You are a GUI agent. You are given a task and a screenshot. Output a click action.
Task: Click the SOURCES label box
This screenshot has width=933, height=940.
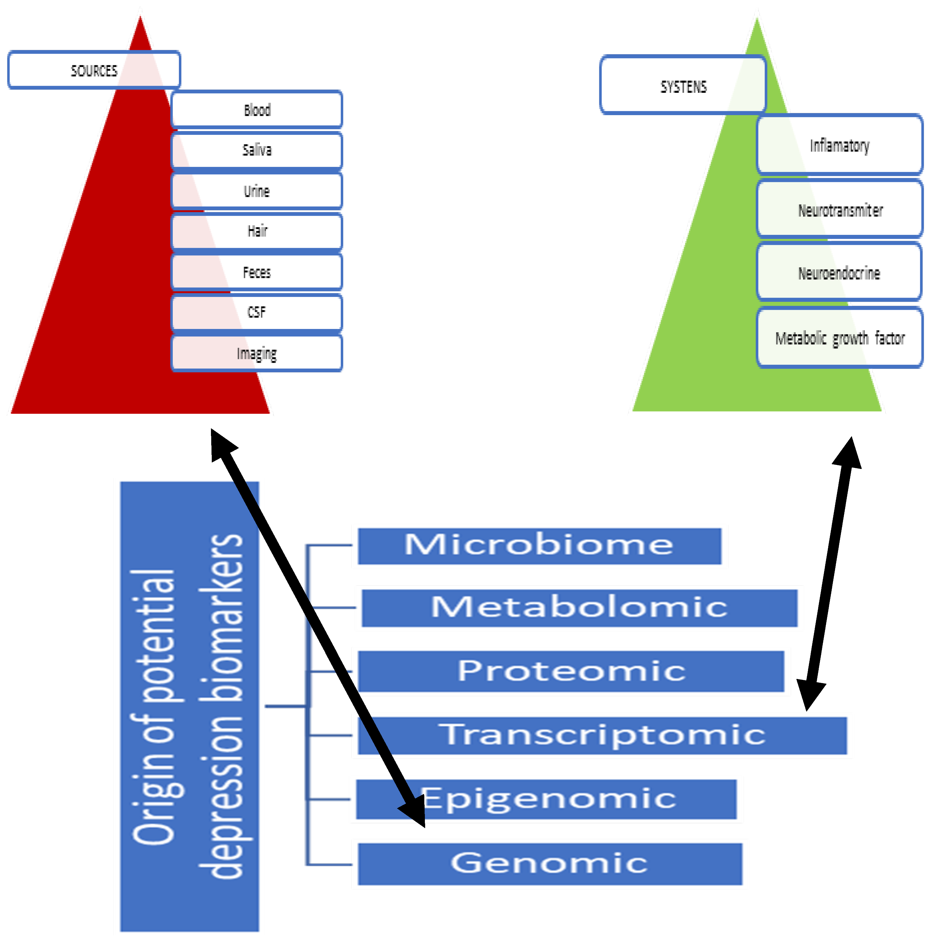click(x=94, y=70)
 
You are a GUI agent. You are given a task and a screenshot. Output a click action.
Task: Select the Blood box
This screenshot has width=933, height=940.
click(x=257, y=109)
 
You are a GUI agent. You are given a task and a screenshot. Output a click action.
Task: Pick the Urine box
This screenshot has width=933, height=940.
click(x=257, y=191)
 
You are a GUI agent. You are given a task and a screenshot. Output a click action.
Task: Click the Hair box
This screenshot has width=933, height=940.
click(x=257, y=231)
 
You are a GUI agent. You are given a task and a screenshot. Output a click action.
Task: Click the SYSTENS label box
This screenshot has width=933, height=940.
click(x=683, y=86)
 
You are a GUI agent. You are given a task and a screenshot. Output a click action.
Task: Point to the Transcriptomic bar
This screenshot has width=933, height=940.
click(x=602, y=735)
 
